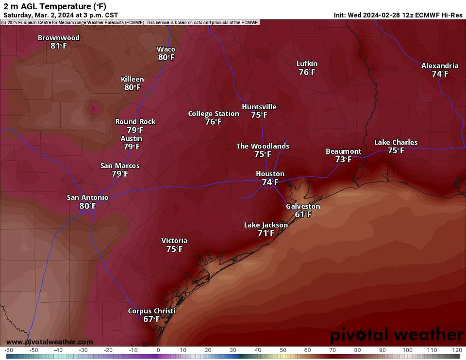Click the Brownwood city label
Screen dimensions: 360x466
pos(58,38)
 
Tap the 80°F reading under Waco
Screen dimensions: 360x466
pos(166,57)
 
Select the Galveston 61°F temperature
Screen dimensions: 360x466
pos(303,214)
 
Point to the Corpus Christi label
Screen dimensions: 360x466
pos(151,311)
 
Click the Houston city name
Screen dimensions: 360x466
pos(270,174)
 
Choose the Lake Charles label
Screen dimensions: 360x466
pos(396,142)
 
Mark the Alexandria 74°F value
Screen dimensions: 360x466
pos(440,74)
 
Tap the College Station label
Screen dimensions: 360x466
pos(214,114)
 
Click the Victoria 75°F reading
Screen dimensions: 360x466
pos(174,249)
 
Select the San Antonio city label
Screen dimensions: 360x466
pos(87,197)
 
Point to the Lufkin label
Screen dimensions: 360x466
pos(307,64)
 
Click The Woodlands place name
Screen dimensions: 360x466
pos(263,146)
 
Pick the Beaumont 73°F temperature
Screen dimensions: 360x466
pos(343,159)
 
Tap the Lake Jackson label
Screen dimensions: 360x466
pos(266,225)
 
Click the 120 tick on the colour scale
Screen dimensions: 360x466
pos(456,350)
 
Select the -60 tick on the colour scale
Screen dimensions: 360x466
pos(8,350)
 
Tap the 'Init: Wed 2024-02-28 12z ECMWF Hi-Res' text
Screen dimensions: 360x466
pos(398,15)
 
